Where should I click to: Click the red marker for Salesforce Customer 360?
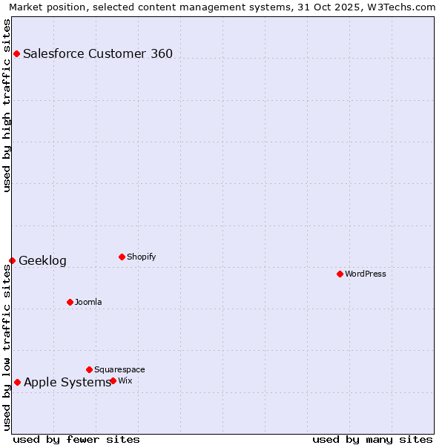tap(16, 53)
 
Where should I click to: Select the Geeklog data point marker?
tap(12, 260)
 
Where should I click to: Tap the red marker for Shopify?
tap(122, 257)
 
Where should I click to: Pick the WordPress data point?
tap(340, 274)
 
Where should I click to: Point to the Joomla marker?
tap(70, 302)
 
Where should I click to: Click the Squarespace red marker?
tap(89, 369)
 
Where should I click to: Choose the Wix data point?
tap(113, 380)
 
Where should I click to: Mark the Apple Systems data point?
tap(17, 382)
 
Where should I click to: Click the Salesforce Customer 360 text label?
tap(98, 53)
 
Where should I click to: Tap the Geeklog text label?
tap(42, 260)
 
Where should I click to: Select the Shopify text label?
tap(141, 257)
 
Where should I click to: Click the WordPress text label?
tap(365, 274)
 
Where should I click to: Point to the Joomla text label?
tap(88, 302)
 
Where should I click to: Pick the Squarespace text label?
tap(119, 369)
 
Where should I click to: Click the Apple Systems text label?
tap(67, 382)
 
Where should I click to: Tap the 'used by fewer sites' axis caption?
tap(76, 439)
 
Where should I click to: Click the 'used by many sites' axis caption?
tap(372, 439)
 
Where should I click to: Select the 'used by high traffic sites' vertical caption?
tap(7, 105)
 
